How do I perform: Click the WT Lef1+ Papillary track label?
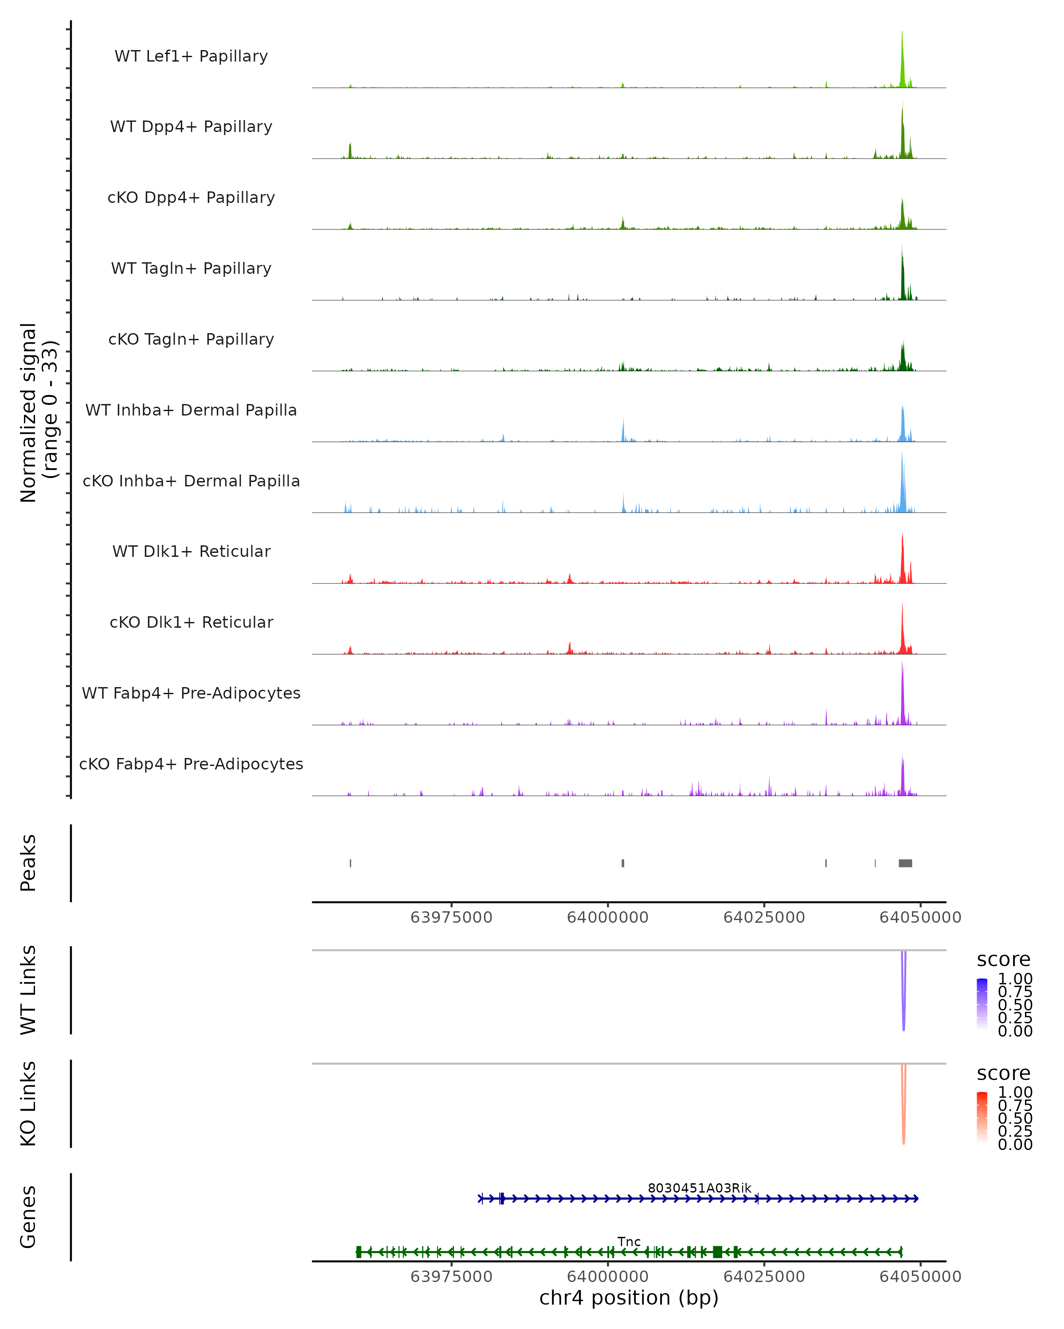tap(191, 56)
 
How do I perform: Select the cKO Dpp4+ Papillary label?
tap(191, 197)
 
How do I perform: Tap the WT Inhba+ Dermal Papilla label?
tap(191, 410)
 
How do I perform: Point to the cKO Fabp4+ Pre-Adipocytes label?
tap(191, 764)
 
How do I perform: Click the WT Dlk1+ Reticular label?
tap(191, 551)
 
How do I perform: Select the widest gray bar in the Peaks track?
tap(905, 863)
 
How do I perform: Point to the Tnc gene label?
tap(629, 1241)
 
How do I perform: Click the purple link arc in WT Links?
tap(904, 999)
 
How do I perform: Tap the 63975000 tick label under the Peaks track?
tap(451, 917)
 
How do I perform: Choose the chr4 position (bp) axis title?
tap(629, 1298)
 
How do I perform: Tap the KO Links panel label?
tap(28, 1104)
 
